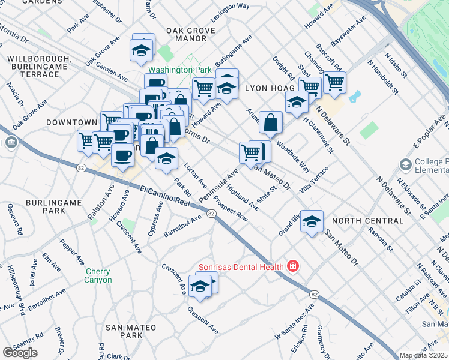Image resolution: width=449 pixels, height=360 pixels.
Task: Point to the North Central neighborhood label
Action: (367, 221)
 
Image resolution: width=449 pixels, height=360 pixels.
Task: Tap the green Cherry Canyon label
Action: (98, 275)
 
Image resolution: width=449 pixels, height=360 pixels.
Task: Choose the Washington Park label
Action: (178, 70)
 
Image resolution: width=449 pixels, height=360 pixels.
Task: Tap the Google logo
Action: (20, 353)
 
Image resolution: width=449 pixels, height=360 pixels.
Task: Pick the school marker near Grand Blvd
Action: (312, 221)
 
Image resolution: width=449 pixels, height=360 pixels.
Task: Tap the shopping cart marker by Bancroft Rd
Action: (334, 82)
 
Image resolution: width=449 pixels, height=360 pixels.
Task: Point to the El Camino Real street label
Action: (164, 197)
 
